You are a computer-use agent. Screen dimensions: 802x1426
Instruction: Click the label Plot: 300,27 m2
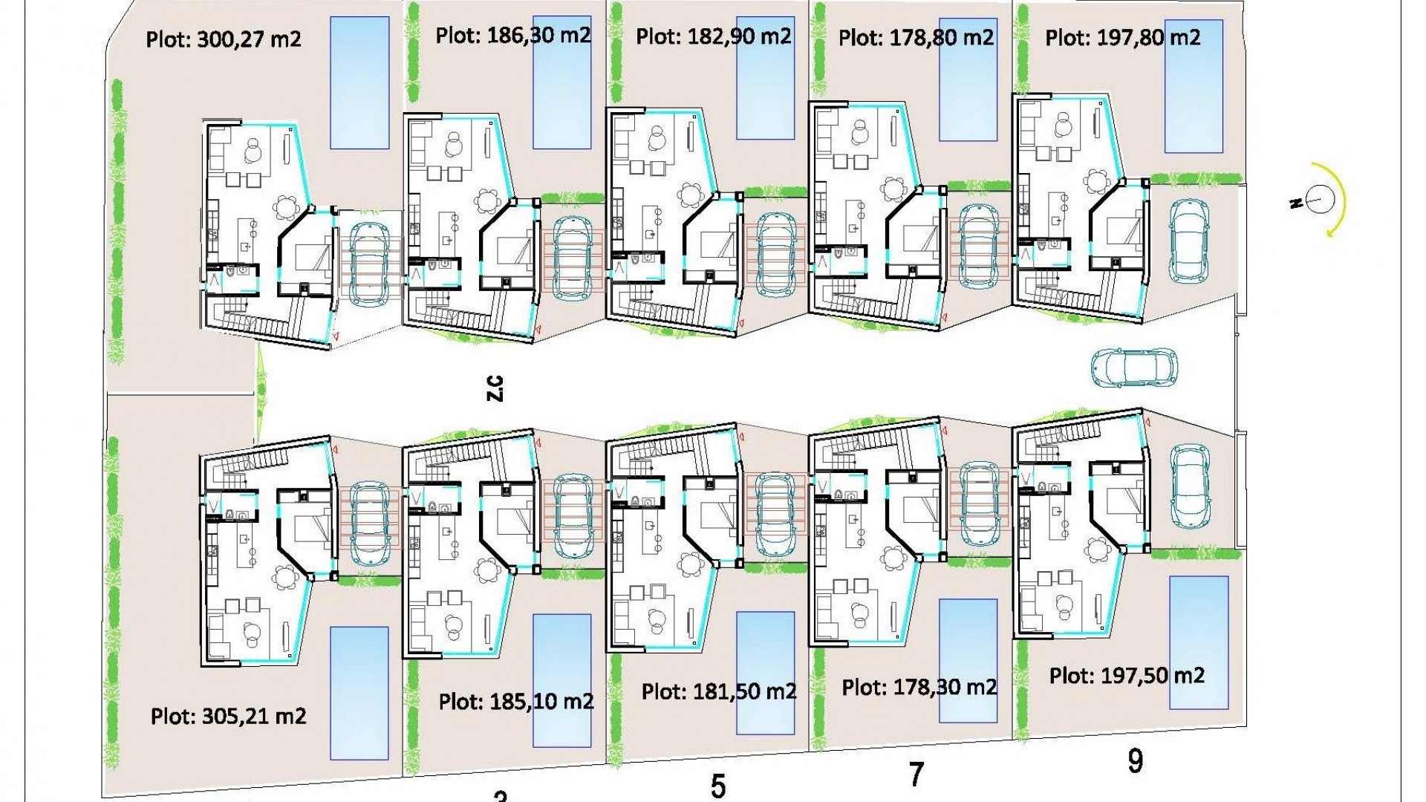[224, 39]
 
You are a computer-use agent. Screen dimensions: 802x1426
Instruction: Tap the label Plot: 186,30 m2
[513, 35]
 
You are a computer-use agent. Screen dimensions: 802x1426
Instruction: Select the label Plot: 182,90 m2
[714, 36]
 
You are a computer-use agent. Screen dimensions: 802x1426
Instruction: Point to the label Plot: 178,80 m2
[916, 37]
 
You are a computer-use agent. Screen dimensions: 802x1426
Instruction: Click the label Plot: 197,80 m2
[1122, 37]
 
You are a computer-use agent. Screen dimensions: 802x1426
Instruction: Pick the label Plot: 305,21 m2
[228, 717]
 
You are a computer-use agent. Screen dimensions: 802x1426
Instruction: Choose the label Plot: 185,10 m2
[516, 702]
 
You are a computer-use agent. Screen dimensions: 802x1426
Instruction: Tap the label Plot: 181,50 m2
[719, 692]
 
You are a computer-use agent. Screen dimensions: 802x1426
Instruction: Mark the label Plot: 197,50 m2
[1127, 676]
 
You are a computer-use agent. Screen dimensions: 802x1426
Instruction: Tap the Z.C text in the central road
[495, 388]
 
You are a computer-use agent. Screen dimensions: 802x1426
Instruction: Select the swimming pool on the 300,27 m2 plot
[359, 82]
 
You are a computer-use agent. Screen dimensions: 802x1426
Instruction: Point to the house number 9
[1135, 761]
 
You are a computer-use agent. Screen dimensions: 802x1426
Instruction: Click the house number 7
[917, 775]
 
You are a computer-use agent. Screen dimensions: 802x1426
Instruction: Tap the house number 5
[717, 786]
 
